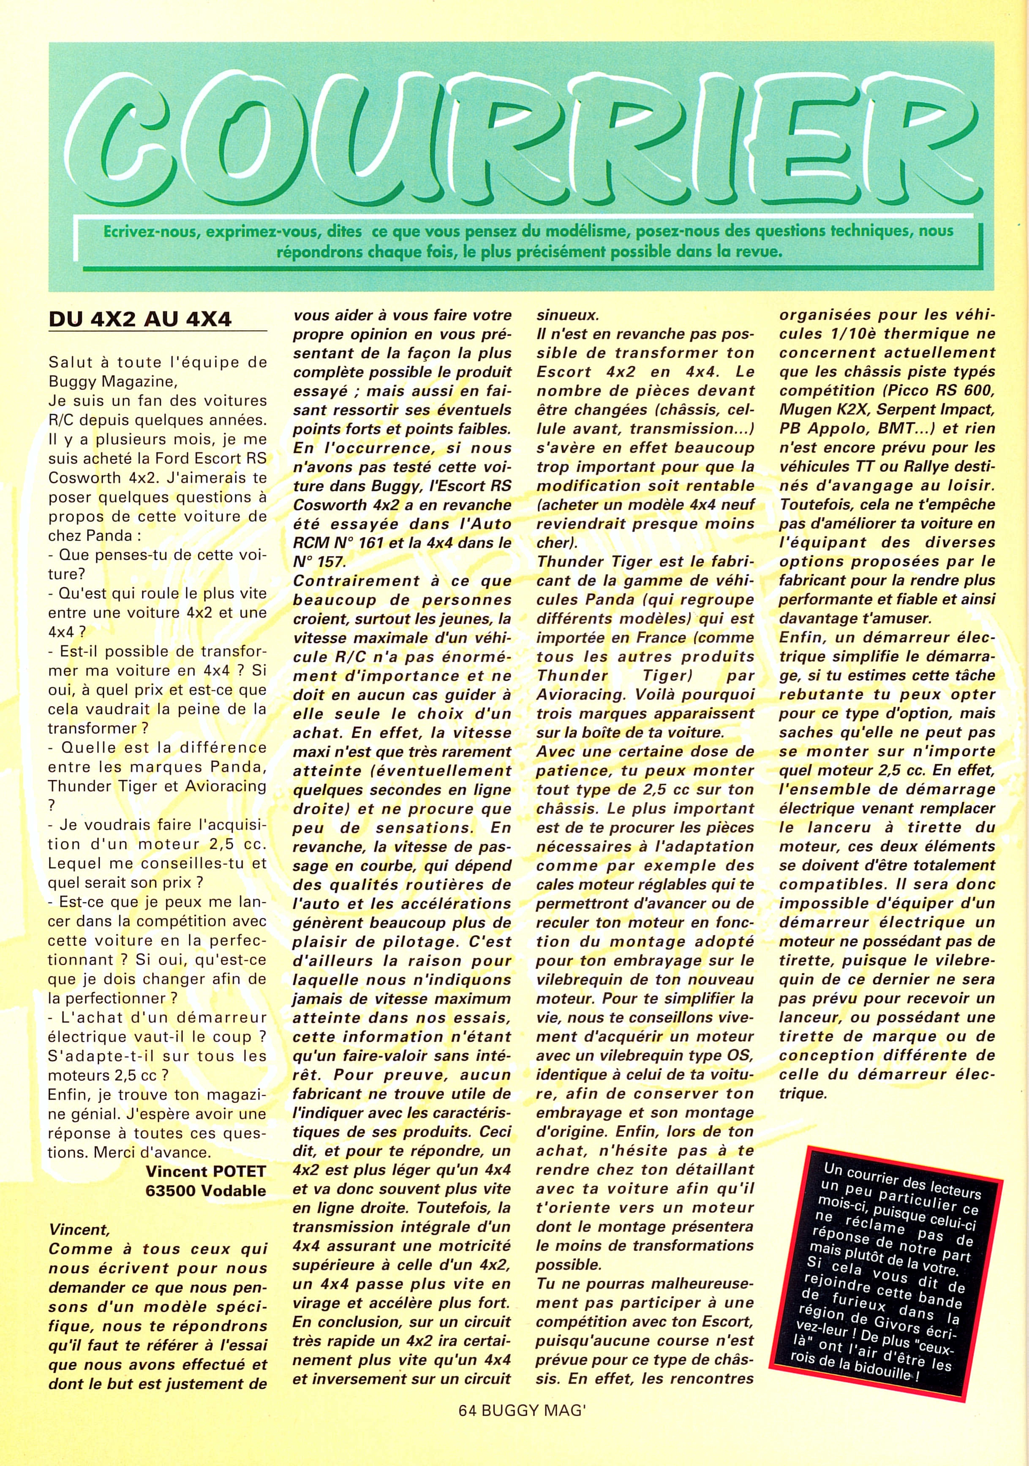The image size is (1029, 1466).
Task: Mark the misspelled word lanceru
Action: [x=834, y=827]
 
